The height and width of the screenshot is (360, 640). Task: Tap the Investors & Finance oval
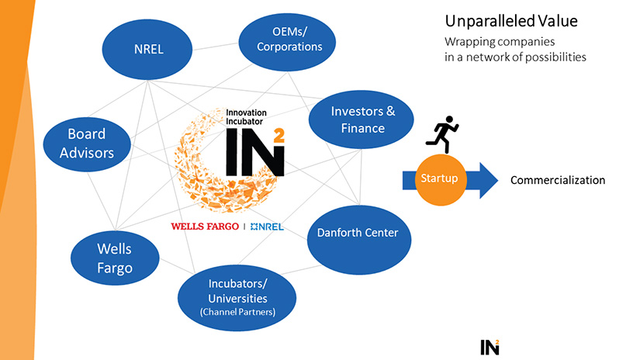click(362, 119)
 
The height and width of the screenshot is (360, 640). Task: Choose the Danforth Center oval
click(358, 233)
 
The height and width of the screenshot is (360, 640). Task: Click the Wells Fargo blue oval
click(114, 258)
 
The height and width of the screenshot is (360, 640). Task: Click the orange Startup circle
click(439, 179)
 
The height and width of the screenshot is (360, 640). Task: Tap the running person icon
click(442, 134)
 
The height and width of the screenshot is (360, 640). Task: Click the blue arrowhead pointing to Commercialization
click(486, 179)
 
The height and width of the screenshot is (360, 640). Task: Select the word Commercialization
click(557, 180)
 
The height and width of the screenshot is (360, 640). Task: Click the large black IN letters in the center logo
click(252, 154)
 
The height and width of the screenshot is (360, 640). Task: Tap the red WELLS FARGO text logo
click(204, 227)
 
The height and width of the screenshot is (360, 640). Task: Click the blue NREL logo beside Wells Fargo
click(266, 227)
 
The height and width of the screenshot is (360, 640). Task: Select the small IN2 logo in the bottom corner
click(489, 346)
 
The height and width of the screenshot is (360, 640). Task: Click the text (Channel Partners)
click(237, 312)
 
